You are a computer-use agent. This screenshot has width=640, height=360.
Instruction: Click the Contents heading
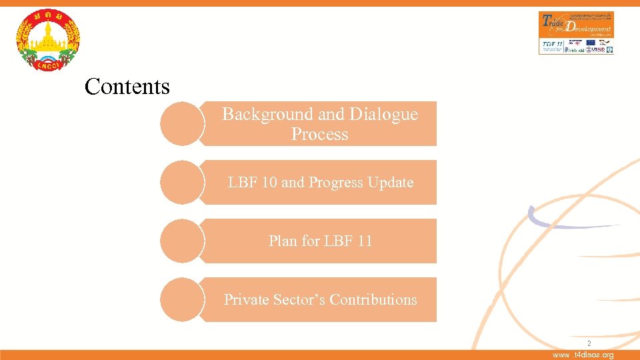click(127, 87)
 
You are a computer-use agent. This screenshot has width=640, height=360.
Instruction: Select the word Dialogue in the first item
click(385, 115)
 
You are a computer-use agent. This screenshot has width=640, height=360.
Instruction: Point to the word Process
click(319, 135)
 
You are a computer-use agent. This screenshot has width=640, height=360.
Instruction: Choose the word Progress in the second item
click(336, 183)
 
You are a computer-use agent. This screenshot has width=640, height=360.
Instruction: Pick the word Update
click(391, 183)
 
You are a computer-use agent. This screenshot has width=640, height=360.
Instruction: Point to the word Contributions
click(373, 300)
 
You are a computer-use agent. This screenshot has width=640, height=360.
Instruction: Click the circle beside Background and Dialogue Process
click(181, 124)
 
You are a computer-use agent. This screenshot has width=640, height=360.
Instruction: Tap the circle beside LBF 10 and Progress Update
click(181, 183)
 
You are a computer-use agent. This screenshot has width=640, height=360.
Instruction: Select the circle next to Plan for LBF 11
click(181, 241)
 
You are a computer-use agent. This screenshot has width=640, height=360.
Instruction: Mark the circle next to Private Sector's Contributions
click(181, 300)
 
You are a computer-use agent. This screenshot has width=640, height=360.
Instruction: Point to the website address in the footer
click(583, 355)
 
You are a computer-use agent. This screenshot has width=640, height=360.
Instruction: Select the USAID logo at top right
click(598, 47)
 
